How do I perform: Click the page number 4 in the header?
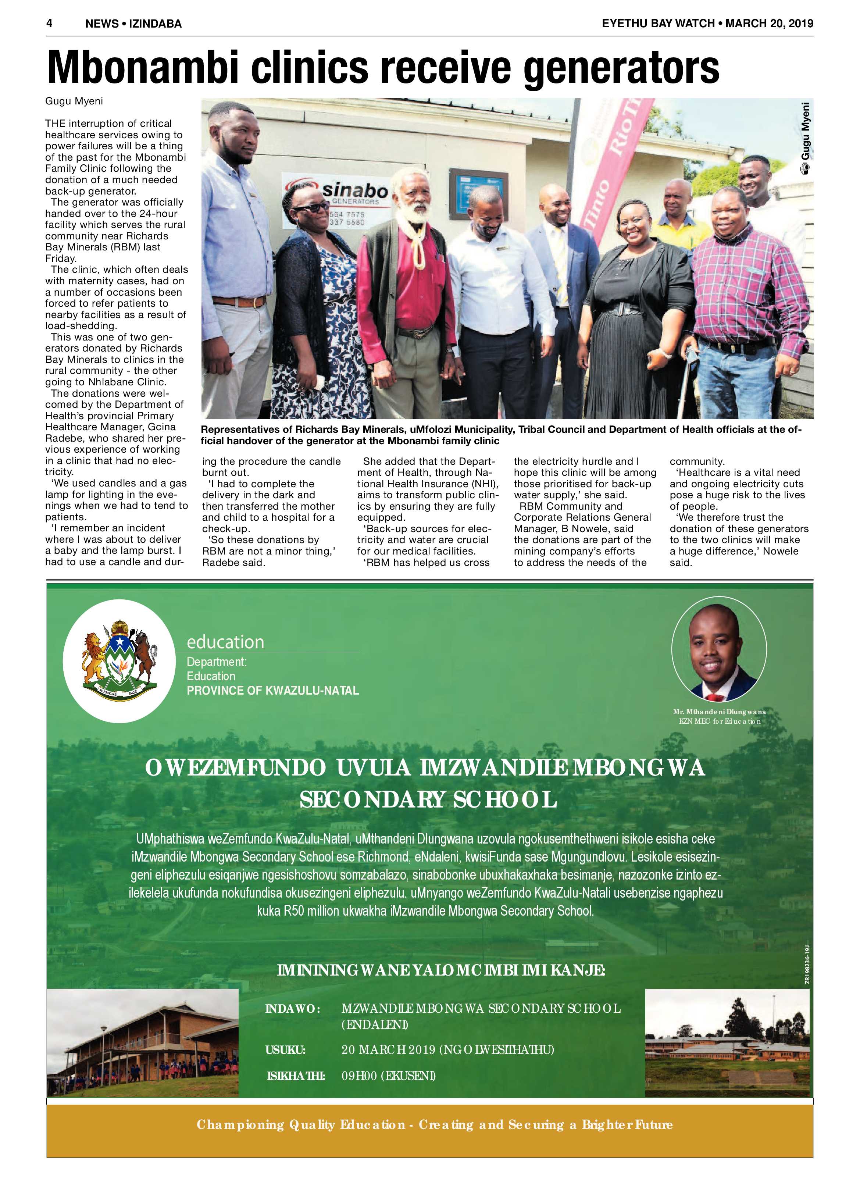(x=50, y=23)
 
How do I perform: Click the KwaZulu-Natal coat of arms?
(x=119, y=662)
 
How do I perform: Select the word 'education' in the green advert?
(x=226, y=642)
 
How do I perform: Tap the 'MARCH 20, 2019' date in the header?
(x=770, y=23)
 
